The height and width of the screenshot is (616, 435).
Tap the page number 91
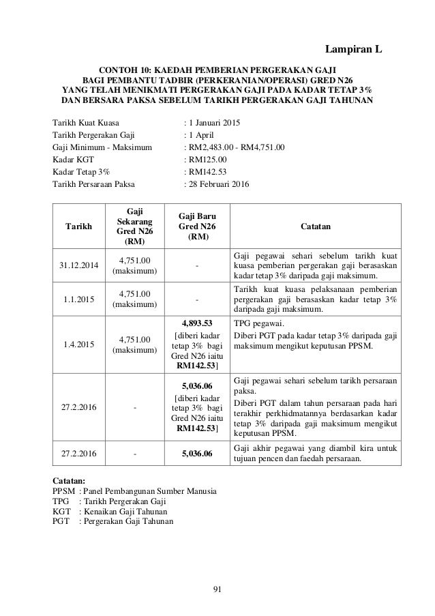click(x=217, y=590)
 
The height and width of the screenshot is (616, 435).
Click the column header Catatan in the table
click(x=316, y=223)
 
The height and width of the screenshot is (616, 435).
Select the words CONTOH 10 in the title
click(x=125, y=70)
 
